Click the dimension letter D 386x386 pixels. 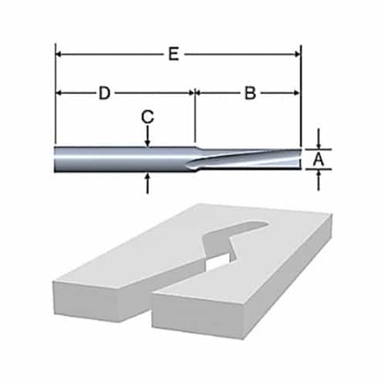pyautogui.click(x=104, y=92)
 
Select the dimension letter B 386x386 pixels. pyautogui.click(x=250, y=92)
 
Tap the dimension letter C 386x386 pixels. pyautogui.click(x=147, y=117)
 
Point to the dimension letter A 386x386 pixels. pyautogui.click(x=318, y=159)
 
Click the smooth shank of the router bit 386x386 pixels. pyautogui.click(x=121, y=159)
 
